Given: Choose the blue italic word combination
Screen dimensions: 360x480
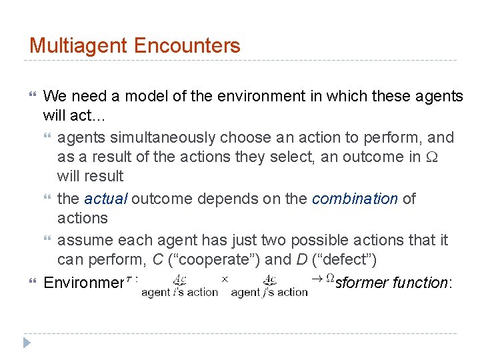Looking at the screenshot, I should point(355,199).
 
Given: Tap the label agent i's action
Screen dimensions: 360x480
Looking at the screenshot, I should point(181,292).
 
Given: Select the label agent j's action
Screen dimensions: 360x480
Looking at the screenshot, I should point(269,292).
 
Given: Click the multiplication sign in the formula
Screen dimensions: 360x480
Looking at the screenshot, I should point(225,279).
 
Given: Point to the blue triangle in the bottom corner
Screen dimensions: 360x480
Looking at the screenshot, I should point(27,344).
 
